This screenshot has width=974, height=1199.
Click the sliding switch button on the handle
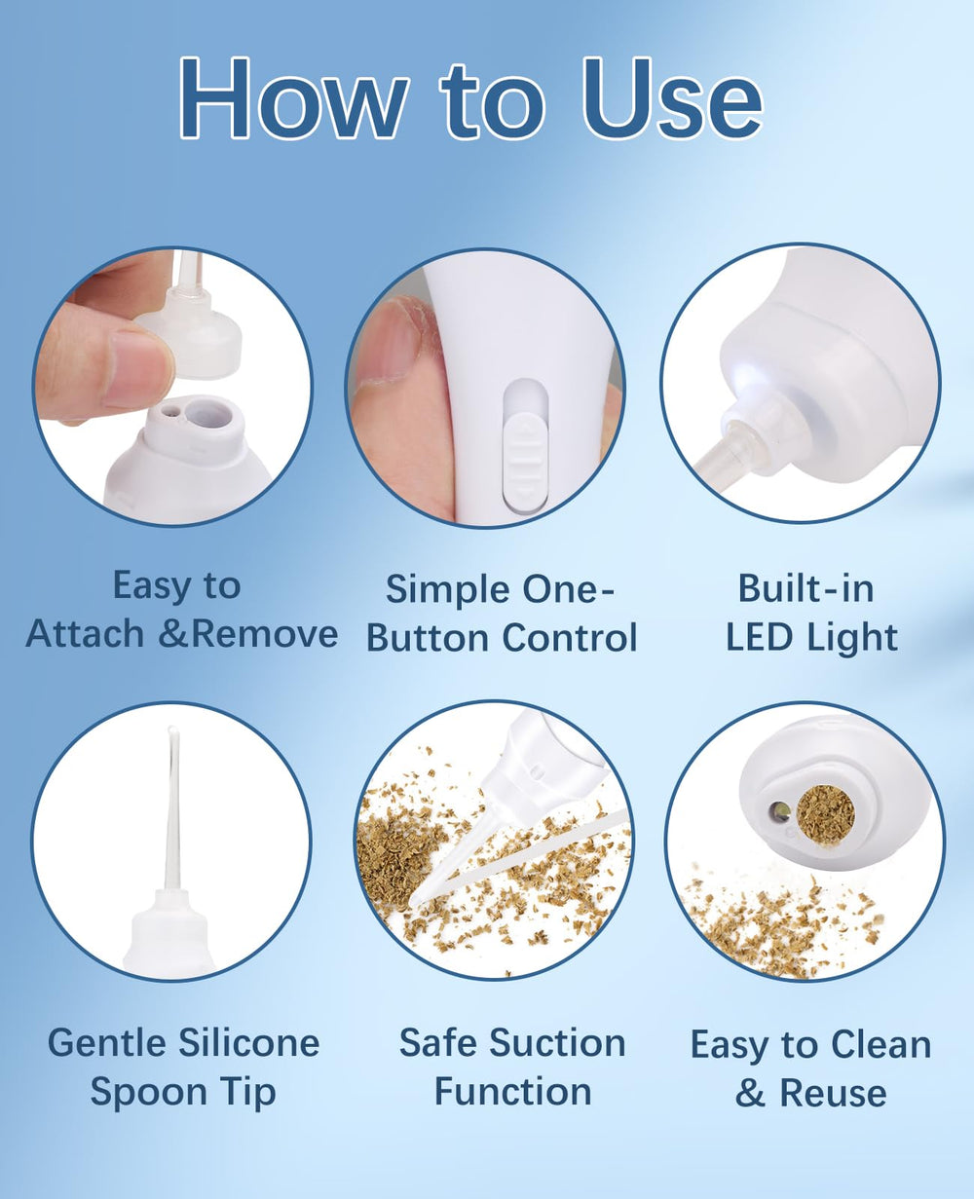coord(525,447)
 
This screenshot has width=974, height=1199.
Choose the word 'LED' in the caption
coord(761,637)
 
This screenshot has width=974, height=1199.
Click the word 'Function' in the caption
coord(512,1092)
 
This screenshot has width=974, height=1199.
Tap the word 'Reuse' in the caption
coord(833,1093)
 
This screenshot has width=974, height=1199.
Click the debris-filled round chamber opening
coord(825,814)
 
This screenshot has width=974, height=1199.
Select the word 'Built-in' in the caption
coord(805,588)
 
